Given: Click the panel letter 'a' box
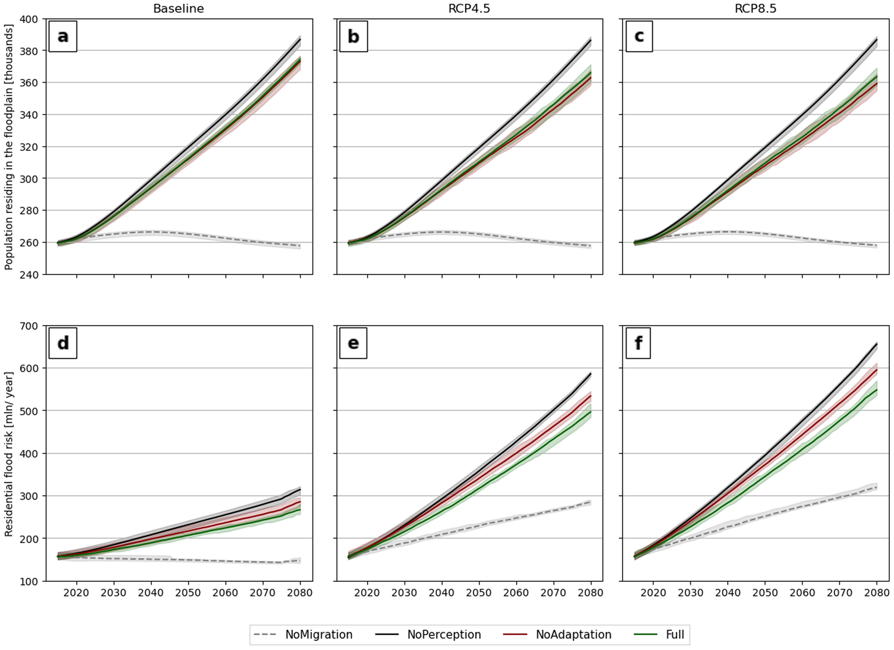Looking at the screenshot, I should point(63,36).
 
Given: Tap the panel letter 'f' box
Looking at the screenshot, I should point(638,343).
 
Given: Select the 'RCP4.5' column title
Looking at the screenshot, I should point(469,9).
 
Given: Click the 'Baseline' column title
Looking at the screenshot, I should point(178,9).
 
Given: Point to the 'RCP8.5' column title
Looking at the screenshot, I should point(755,9).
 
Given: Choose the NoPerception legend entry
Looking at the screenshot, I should point(428,635).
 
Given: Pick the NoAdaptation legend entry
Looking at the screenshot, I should point(557,635).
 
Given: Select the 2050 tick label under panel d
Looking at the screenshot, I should point(188,593).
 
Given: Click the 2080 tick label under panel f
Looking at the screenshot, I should point(877,593).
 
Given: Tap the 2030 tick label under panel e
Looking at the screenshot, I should point(405,593).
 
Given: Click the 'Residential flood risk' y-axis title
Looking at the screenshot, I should point(9,453).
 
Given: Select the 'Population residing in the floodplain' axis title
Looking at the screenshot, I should point(9,146).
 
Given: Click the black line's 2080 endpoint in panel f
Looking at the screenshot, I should point(877,344).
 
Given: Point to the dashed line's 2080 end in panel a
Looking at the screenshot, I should point(300,246).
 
